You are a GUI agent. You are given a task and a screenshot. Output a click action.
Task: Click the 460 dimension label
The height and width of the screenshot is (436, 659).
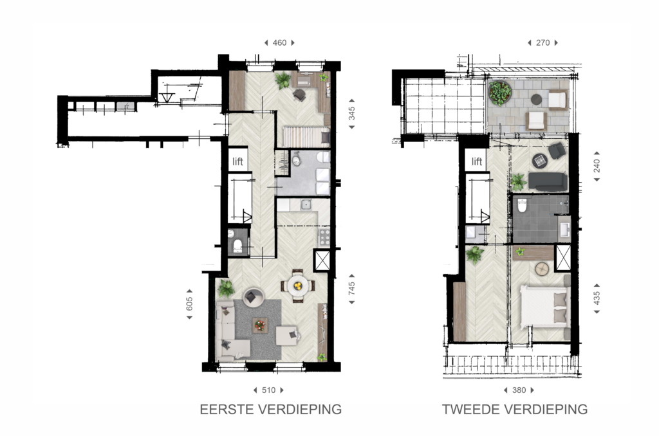(279, 43)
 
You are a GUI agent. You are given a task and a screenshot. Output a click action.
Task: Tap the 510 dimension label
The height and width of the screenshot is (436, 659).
(268, 390)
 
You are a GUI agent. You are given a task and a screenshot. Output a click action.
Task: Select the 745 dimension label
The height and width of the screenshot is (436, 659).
(352, 288)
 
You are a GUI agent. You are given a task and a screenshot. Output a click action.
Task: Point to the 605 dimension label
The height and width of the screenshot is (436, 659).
(190, 304)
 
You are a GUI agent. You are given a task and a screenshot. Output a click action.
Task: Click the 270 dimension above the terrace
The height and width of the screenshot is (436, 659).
(543, 43)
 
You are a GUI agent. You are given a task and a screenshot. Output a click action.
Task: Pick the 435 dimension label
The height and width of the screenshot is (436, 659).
(597, 298)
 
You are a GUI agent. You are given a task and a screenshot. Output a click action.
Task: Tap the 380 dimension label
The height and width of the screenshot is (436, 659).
(519, 390)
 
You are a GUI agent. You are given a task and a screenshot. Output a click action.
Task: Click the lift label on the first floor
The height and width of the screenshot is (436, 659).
(238, 161)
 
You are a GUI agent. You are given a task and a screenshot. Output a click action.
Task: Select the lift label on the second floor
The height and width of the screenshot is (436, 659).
(477, 161)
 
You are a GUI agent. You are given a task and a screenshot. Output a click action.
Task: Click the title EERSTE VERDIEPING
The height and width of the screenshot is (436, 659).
(271, 410)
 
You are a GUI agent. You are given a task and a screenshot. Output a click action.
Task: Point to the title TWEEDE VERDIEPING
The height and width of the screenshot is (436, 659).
(515, 410)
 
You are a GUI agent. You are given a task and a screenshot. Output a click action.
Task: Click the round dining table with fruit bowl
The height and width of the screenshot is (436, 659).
(298, 286)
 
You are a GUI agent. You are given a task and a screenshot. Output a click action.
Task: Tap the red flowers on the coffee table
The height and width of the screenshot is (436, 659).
(260, 325)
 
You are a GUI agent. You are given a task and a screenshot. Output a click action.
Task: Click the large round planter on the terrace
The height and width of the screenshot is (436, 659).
(500, 93)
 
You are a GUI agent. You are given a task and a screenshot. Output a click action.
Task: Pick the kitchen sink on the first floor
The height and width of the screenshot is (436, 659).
(306, 205)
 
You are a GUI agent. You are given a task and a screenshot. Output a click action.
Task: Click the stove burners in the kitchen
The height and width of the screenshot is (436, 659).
(324, 237)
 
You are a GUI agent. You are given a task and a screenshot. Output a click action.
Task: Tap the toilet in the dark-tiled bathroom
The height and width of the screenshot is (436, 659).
(522, 205)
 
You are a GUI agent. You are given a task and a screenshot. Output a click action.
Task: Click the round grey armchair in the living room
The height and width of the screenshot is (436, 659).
(253, 297)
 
